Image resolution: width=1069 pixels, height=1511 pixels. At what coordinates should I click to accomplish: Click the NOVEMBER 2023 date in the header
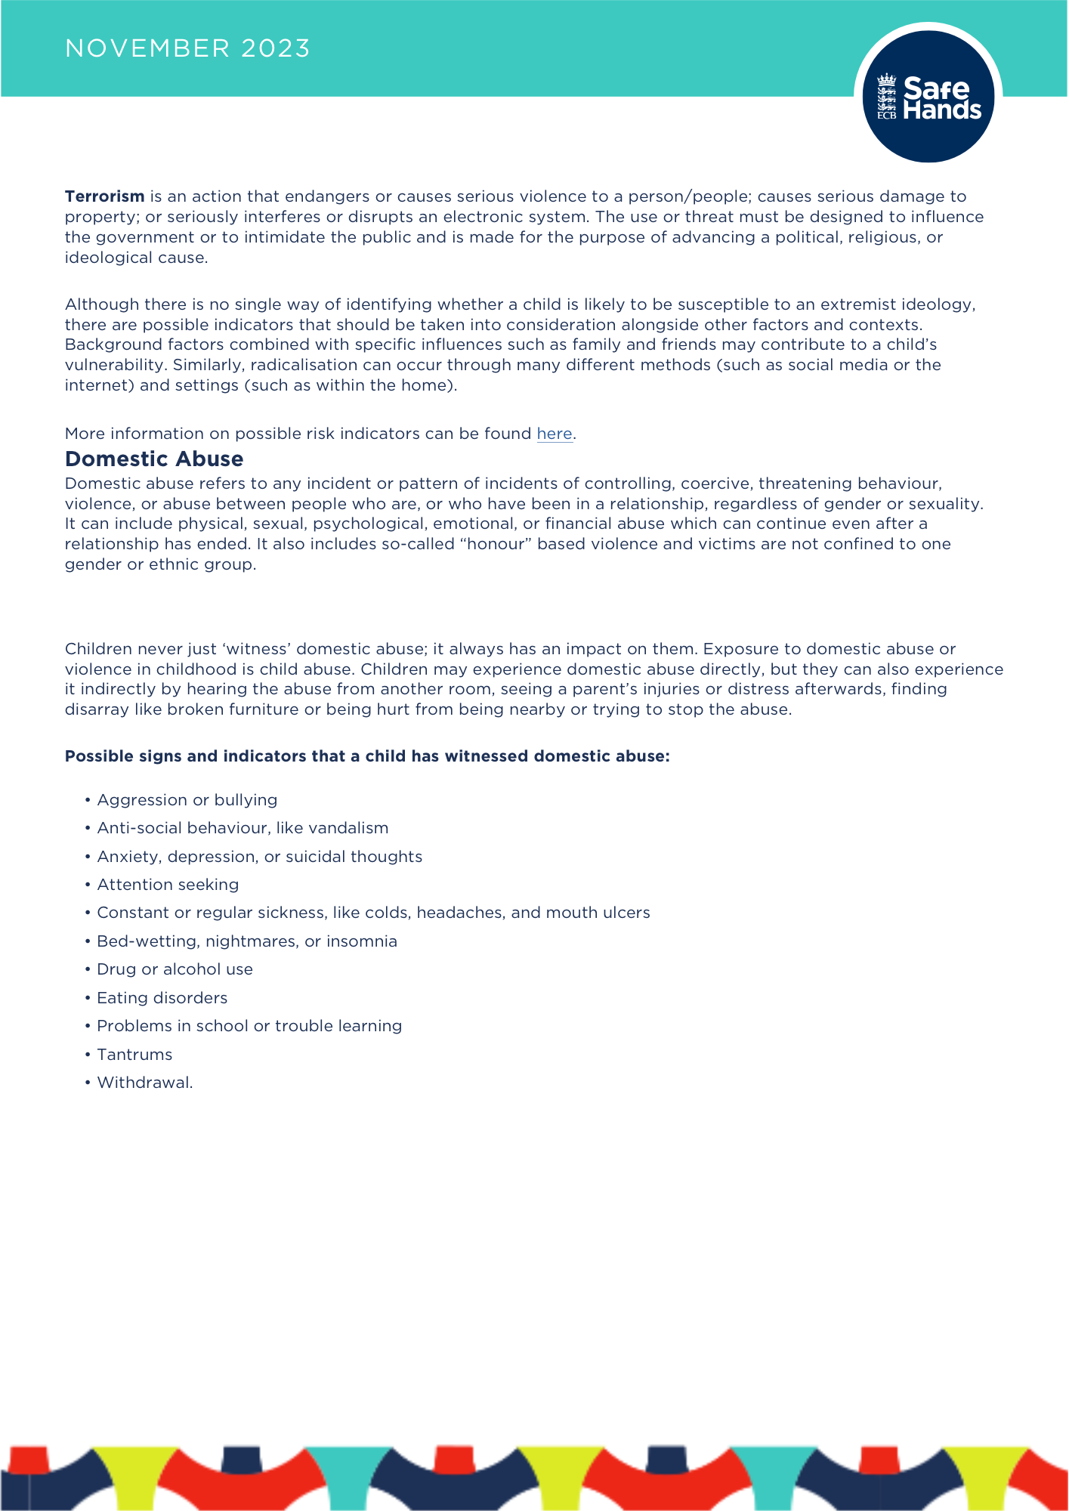pos(187,48)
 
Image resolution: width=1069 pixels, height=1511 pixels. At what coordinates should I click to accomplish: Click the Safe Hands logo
pos(928,97)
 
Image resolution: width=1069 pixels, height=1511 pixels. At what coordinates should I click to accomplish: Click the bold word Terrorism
pos(104,196)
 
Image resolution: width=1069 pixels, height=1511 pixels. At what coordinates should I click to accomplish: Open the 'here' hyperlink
pos(554,434)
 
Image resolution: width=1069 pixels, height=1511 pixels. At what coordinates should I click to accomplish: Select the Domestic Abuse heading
pos(154,459)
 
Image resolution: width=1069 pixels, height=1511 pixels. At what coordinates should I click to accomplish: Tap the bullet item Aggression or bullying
pos(187,800)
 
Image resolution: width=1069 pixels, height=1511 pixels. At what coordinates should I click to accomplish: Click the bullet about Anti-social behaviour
pos(243,828)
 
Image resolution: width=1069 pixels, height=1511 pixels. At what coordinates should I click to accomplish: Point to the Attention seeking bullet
pos(168,885)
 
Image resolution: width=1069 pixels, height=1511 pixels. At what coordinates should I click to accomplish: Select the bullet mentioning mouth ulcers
pos(373,913)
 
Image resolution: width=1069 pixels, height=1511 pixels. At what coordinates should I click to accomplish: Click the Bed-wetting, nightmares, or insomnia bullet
pos(247,941)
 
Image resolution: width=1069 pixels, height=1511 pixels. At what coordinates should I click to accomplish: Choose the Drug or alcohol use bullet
pos(175,969)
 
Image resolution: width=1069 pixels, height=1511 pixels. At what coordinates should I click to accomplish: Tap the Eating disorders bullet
pos(162,998)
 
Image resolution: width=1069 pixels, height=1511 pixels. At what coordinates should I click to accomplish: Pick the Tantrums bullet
pos(134,1055)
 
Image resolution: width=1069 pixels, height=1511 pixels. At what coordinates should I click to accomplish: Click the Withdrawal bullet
pos(144,1083)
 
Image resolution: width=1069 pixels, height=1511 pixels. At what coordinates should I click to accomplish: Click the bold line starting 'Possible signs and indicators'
pos(367,756)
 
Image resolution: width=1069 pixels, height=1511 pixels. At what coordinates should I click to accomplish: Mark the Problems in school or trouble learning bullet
pos(249,1026)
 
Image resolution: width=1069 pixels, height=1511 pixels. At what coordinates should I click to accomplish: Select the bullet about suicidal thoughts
pos(259,857)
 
